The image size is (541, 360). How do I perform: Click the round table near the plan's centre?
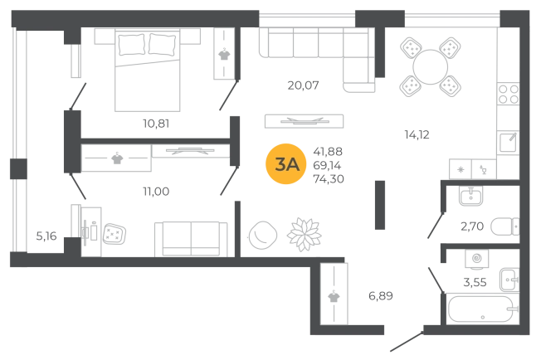[305, 231]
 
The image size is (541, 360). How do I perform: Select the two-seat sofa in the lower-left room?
[191, 236]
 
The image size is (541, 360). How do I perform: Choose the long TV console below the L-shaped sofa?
[300, 123]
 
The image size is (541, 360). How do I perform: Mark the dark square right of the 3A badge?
[329, 166]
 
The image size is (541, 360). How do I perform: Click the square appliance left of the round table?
[261, 235]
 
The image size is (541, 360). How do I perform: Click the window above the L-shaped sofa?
[307, 16]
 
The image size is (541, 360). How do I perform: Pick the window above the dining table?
[452, 16]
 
